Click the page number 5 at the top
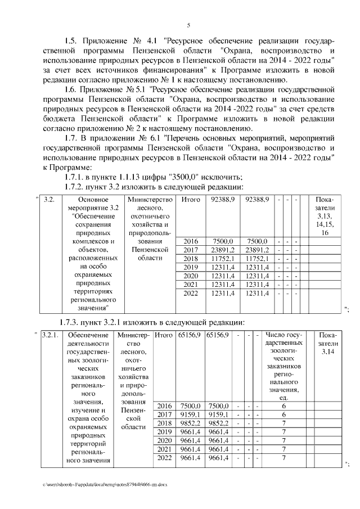tap(188, 25)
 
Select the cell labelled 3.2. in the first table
tap(49, 200)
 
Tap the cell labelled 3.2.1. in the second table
tap(50, 335)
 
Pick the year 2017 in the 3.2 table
tap(191, 250)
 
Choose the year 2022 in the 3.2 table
tap(191, 293)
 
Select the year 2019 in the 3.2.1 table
tap(164, 432)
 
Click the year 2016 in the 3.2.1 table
tap(164, 406)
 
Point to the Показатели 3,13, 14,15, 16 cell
tap(325, 216)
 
